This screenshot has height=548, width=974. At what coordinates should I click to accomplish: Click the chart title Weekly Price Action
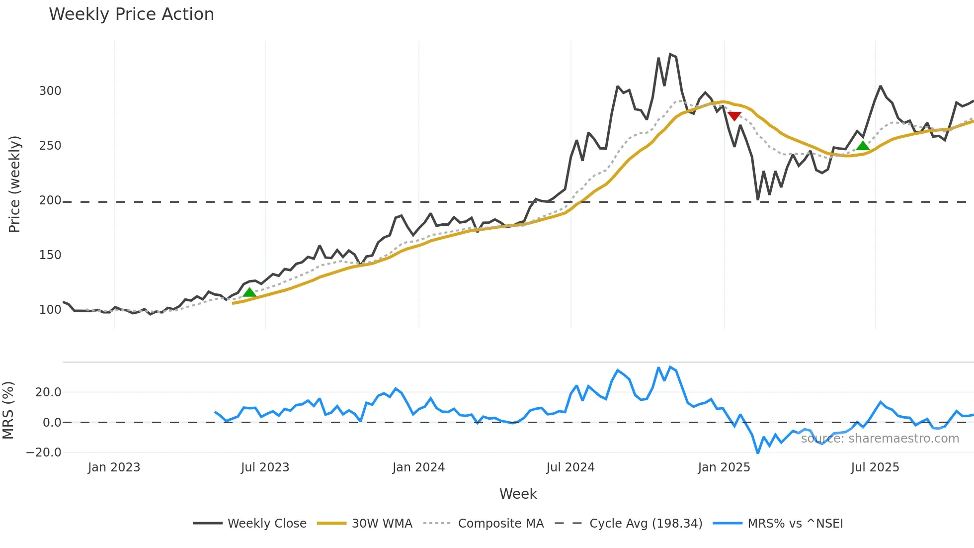point(131,14)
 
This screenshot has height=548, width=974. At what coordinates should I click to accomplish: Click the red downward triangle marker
point(734,116)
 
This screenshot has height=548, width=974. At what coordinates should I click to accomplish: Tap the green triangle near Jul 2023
point(249,292)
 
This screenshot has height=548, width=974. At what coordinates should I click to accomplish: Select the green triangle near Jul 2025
point(863,146)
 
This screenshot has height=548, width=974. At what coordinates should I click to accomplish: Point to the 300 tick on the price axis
point(50,91)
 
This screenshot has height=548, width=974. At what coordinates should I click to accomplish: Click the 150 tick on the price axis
point(50,255)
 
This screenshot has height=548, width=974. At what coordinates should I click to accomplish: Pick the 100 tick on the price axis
point(50,310)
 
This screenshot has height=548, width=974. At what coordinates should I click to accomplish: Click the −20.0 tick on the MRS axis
point(44,453)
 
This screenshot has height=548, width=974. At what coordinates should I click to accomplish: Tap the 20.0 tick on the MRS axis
point(48,392)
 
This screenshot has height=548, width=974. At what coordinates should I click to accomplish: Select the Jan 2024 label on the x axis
point(418,467)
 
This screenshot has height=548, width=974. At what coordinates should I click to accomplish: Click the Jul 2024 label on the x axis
point(570,467)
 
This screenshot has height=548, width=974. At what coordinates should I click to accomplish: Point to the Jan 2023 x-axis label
point(114,467)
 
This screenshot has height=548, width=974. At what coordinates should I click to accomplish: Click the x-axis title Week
point(518,494)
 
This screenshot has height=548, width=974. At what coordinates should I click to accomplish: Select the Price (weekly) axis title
point(14,184)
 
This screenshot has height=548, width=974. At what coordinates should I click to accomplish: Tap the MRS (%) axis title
point(8,410)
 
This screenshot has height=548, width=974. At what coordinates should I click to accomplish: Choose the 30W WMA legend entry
point(382,524)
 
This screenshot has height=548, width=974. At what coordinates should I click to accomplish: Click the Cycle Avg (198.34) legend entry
point(646,524)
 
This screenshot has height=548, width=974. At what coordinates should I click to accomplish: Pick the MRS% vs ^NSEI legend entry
point(795,524)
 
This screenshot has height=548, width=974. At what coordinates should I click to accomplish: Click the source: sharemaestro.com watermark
point(880,439)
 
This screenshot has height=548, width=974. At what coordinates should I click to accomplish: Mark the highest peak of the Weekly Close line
point(670,54)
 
